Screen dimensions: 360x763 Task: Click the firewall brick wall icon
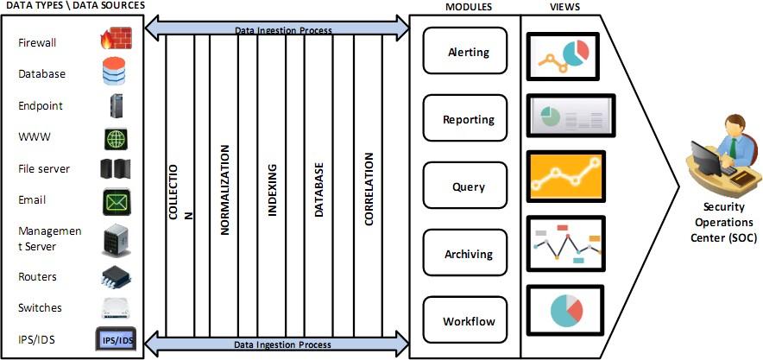pyautogui.click(x=114, y=39)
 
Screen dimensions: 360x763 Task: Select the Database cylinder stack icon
pyautogui.click(x=114, y=73)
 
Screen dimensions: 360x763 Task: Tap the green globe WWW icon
pyautogui.click(x=115, y=138)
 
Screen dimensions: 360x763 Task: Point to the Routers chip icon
pyautogui.click(x=115, y=276)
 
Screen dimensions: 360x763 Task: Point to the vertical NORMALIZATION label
pyautogui.click(x=225, y=190)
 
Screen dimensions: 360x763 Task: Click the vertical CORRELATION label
pyautogui.click(x=369, y=190)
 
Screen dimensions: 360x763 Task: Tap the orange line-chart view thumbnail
pyautogui.click(x=566, y=176)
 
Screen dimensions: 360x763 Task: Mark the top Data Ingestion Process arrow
pyautogui.click(x=282, y=29)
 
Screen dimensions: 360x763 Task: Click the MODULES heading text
pyautogui.click(x=469, y=7)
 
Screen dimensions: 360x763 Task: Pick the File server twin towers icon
pyautogui.click(x=115, y=169)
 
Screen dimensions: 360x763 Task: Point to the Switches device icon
pyautogui.click(x=115, y=308)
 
